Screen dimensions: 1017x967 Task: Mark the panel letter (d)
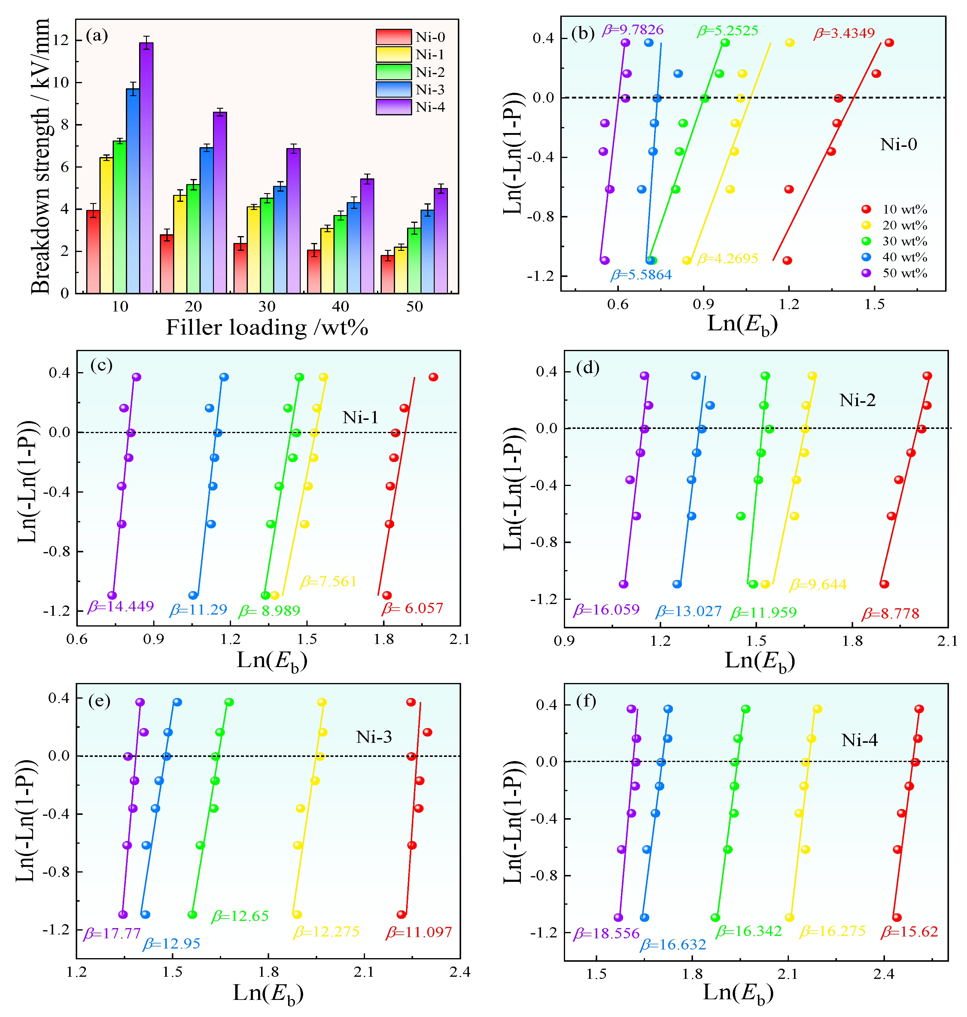tap(588, 368)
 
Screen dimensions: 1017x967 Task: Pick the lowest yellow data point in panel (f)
tap(789, 918)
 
